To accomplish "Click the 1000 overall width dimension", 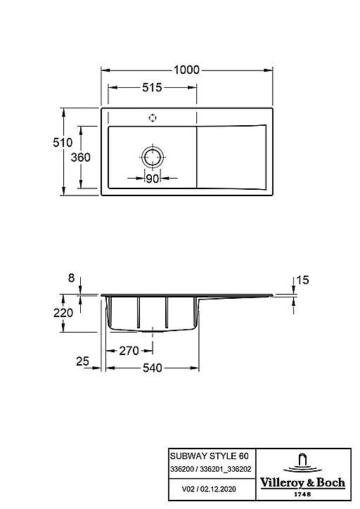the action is tap(186, 70).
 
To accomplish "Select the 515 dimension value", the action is tap(152, 87).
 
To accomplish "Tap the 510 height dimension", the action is tap(63, 142).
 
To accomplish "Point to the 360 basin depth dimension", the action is tap(80, 157).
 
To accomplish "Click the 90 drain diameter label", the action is tap(153, 178).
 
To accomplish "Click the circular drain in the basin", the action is tap(153, 146).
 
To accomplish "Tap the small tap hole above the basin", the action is tap(153, 118).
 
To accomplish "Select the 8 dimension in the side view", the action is tap(72, 278).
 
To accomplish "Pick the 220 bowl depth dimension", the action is tap(63, 313).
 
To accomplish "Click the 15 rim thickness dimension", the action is tap(302, 280).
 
